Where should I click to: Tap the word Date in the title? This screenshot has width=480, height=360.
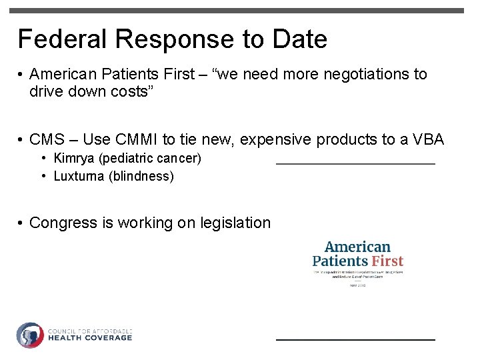299,39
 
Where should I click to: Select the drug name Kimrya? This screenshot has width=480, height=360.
75,159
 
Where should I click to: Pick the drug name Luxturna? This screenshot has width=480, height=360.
79,177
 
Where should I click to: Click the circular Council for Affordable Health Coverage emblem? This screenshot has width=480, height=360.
30,335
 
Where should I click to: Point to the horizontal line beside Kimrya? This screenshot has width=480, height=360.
355,163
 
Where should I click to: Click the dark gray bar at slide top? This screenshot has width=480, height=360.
240,11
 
